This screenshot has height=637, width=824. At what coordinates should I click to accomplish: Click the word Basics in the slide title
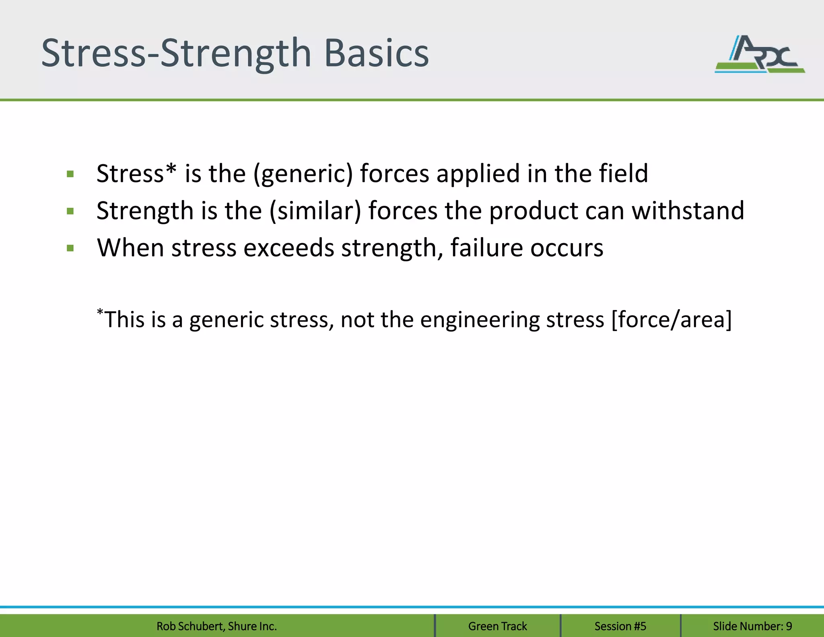376,54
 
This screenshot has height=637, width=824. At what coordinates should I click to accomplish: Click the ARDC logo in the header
760,54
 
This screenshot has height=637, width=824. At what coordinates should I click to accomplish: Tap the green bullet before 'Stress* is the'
70,174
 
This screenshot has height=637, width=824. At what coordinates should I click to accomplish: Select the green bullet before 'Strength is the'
70,211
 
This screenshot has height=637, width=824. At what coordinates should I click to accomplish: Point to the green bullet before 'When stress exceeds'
70,248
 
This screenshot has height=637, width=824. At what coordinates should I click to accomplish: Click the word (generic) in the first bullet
303,174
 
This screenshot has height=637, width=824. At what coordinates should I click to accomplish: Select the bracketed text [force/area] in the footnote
671,320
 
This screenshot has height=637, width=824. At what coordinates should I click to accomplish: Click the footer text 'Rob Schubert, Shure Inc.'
216,626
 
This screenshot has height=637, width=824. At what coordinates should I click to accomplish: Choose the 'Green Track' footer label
497,626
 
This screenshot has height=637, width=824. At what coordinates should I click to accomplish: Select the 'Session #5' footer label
620,626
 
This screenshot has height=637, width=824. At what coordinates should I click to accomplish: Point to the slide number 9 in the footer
789,626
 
